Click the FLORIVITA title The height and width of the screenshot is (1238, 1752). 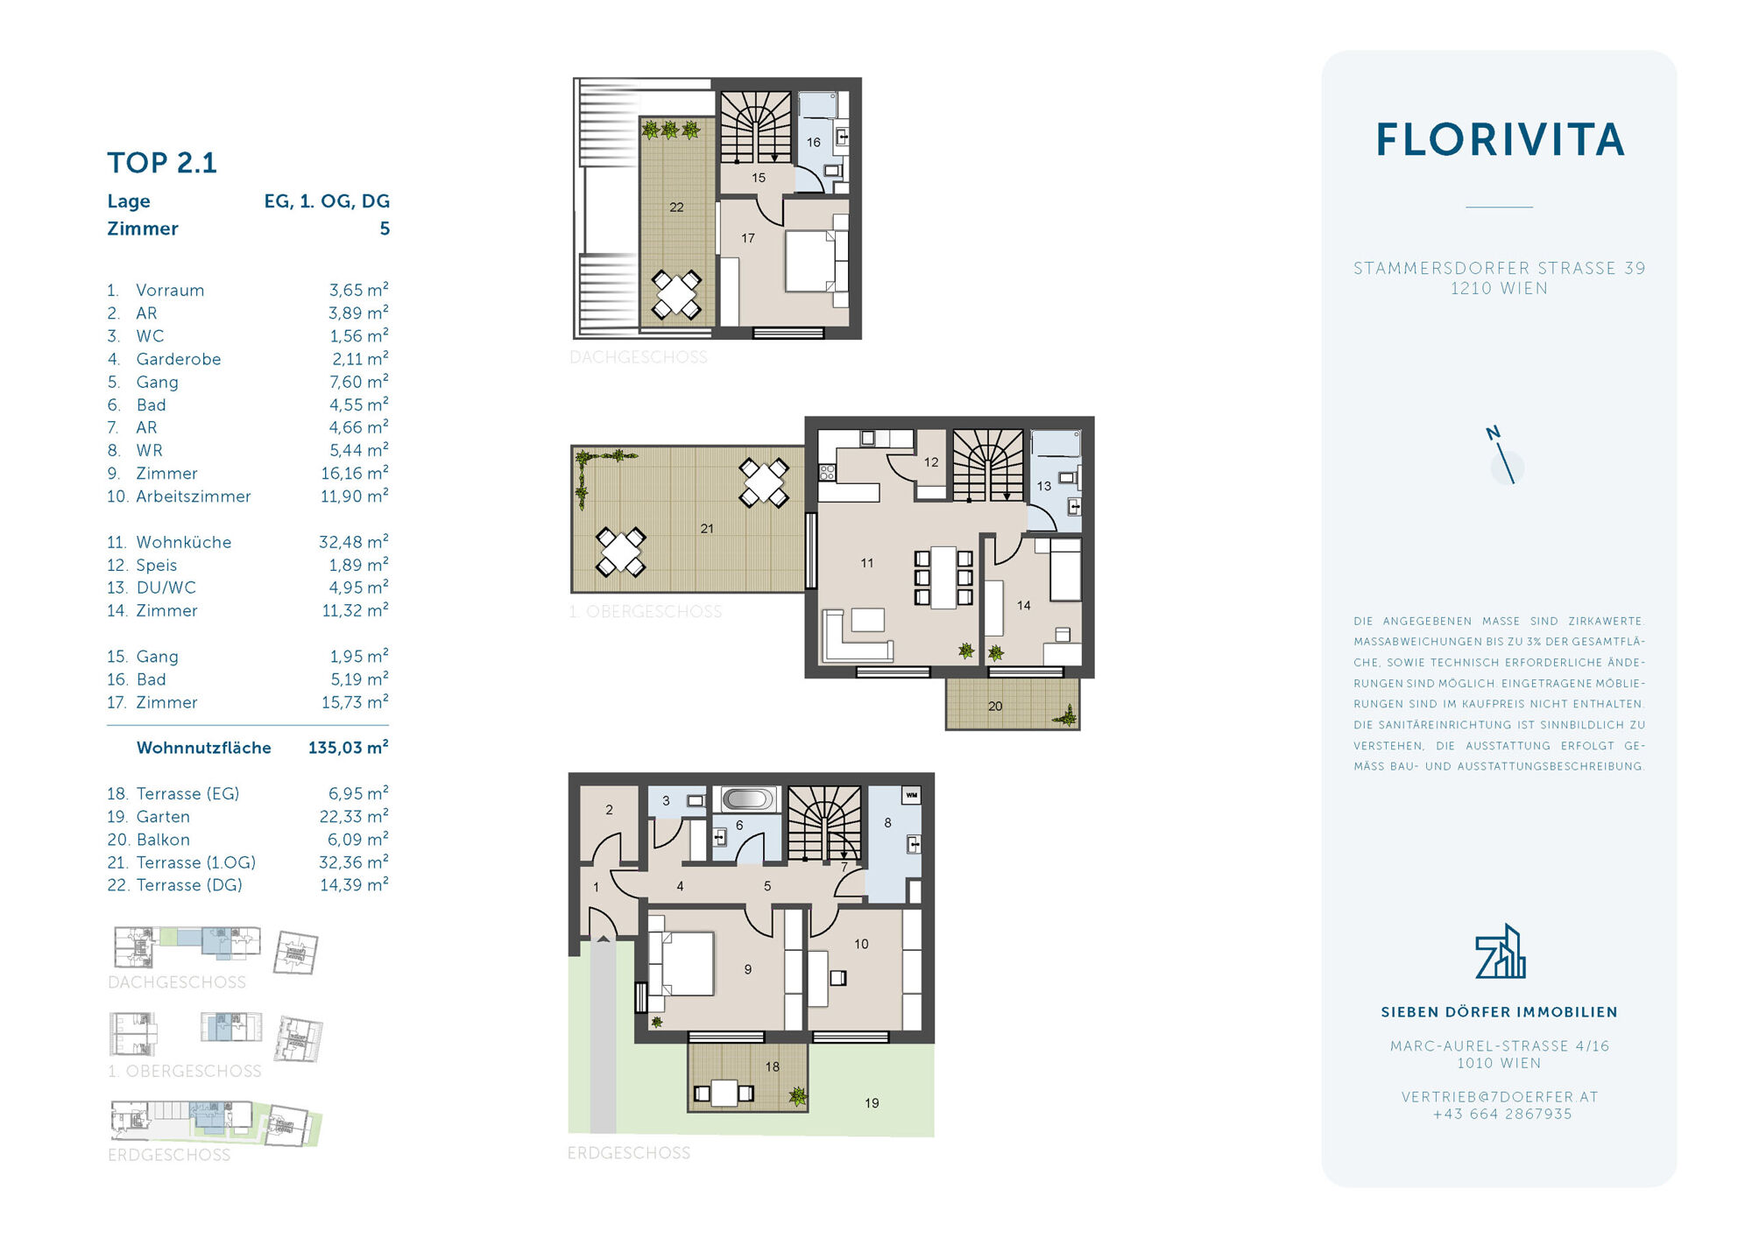tap(1500, 140)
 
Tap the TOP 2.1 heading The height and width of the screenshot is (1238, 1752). tap(162, 163)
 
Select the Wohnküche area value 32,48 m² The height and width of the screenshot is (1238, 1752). tap(353, 542)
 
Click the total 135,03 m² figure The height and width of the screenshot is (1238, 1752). tap(348, 748)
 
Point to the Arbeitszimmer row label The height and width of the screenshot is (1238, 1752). tap(193, 496)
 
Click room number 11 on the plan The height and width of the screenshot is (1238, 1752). tap(866, 563)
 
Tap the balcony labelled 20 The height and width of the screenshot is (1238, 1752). tap(1013, 704)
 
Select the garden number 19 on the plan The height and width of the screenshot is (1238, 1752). tap(872, 1103)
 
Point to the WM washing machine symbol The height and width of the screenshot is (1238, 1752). tap(912, 795)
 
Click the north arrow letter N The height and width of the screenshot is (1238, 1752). tap(1493, 433)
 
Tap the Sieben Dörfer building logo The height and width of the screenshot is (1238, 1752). tap(1500, 952)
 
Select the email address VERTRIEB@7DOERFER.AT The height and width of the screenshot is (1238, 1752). tap(1500, 1097)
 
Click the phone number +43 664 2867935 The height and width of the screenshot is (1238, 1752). tap(1501, 1115)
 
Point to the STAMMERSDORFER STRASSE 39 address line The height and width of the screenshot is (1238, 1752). tap(1500, 269)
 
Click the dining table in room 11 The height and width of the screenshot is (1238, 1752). tap(943, 577)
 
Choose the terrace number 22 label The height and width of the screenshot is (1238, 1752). tap(676, 208)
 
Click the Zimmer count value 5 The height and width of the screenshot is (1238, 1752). tap(384, 229)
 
